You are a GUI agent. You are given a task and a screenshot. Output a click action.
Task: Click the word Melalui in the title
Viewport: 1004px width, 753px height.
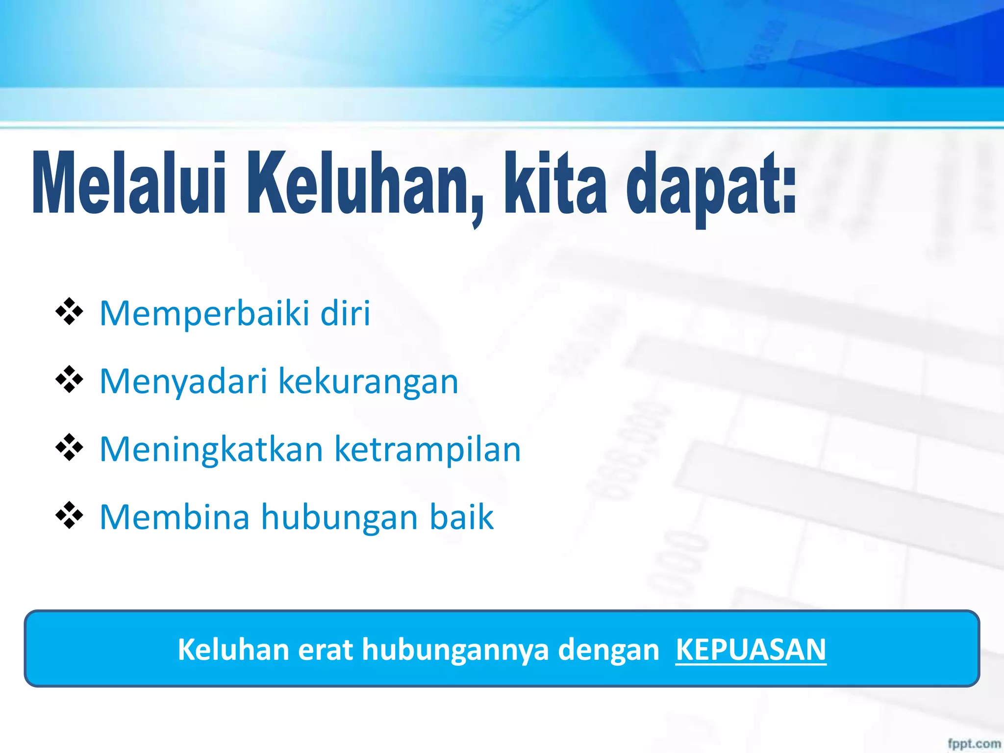[x=128, y=184]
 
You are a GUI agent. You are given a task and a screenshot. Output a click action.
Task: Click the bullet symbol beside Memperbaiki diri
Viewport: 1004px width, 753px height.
[x=69, y=312]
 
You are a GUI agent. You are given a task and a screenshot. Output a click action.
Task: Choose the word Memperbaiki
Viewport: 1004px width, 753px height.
[x=204, y=314]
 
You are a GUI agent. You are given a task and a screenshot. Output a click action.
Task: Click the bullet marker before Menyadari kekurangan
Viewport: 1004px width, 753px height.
[x=69, y=379]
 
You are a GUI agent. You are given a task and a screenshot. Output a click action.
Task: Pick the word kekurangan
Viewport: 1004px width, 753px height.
[x=368, y=381]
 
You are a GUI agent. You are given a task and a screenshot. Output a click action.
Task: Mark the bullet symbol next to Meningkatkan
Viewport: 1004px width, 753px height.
[x=69, y=448]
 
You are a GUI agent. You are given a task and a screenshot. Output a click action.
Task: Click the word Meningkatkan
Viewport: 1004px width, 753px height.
[x=211, y=450]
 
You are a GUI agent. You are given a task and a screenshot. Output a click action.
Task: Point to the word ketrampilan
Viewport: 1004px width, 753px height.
[x=427, y=450]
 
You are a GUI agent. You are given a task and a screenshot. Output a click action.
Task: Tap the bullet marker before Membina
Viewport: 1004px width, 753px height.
[x=69, y=516]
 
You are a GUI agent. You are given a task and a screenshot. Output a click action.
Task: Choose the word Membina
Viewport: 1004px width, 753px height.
[x=175, y=517]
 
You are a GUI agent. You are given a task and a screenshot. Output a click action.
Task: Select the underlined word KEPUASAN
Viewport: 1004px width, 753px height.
[x=751, y=650]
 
